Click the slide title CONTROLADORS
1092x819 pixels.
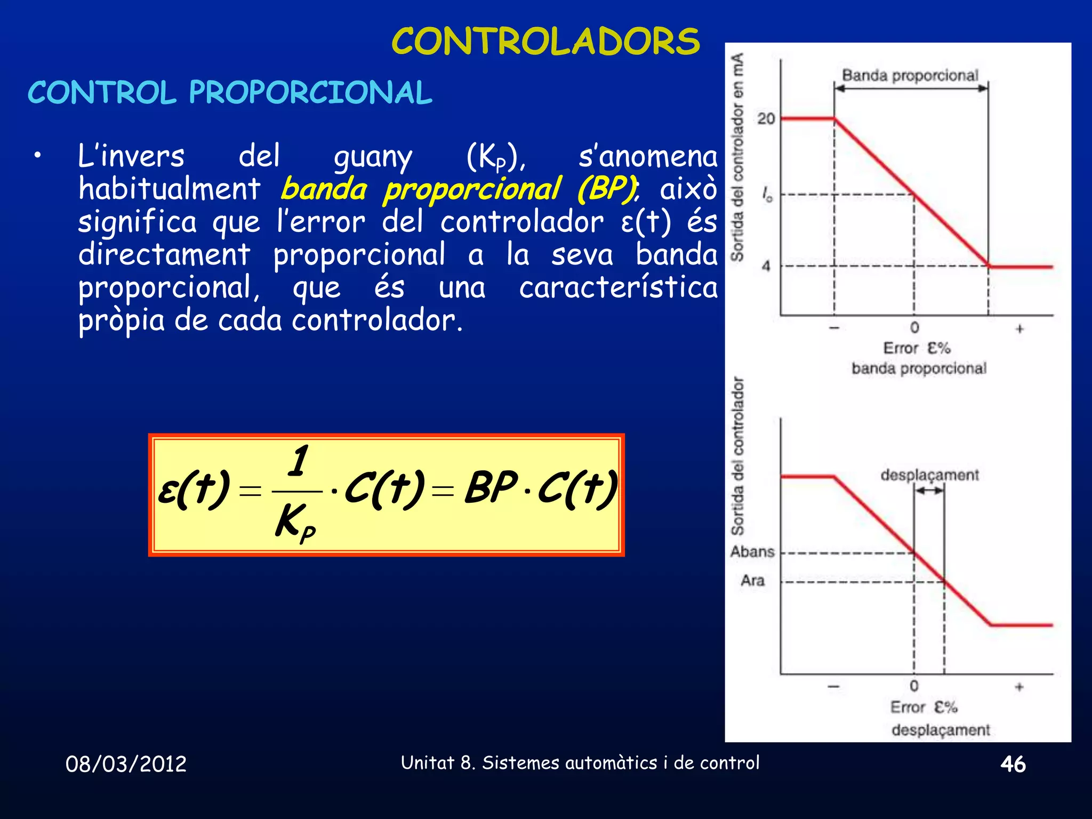tap(545, 42)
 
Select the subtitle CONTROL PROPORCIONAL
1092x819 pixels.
tap(230, 92)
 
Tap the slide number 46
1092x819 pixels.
tap(1013, 764)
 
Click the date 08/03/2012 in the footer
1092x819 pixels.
tap(126, 764)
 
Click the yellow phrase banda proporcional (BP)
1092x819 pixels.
tap(459, 189)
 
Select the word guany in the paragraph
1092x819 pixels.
tap(373, 157)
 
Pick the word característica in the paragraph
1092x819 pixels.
tap(619, 288)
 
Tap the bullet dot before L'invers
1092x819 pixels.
tap(37, 156)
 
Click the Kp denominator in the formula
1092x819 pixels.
tap(295, 522)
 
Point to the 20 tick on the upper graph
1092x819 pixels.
tap(766, 118)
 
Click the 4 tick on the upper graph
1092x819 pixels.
tap(766, 266)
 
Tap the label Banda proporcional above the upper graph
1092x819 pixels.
tap(910, 75)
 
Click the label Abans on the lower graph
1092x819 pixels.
tap(752, 551)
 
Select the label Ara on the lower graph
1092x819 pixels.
tap(752, 580)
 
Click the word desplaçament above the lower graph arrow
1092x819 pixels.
tap(929, 475)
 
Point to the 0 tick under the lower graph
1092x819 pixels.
tap(914, 686)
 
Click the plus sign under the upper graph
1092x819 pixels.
tap(1019, 329)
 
